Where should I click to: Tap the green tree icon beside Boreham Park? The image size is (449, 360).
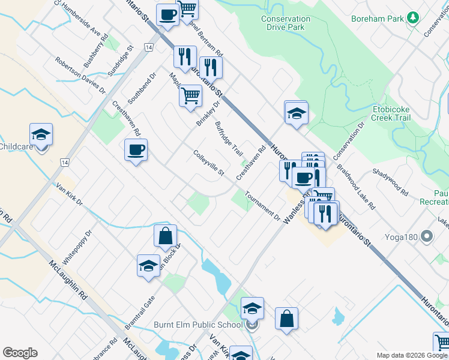point(412,18)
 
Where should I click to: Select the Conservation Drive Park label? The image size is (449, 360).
point(286,23)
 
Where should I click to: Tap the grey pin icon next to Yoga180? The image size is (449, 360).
point(427,237)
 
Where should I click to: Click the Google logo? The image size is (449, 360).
point(20,353)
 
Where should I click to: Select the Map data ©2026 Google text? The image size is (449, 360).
point(411,355)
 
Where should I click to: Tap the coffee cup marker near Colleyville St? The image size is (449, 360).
point(136,150)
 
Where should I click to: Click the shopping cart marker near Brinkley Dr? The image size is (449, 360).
point(190,96)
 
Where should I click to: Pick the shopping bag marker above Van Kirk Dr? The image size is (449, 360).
point(165,237)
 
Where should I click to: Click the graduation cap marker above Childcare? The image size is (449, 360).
point(41,134)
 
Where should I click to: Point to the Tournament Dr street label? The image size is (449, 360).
point(262,205)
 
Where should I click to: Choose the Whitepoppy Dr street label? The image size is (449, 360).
point(77,246)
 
